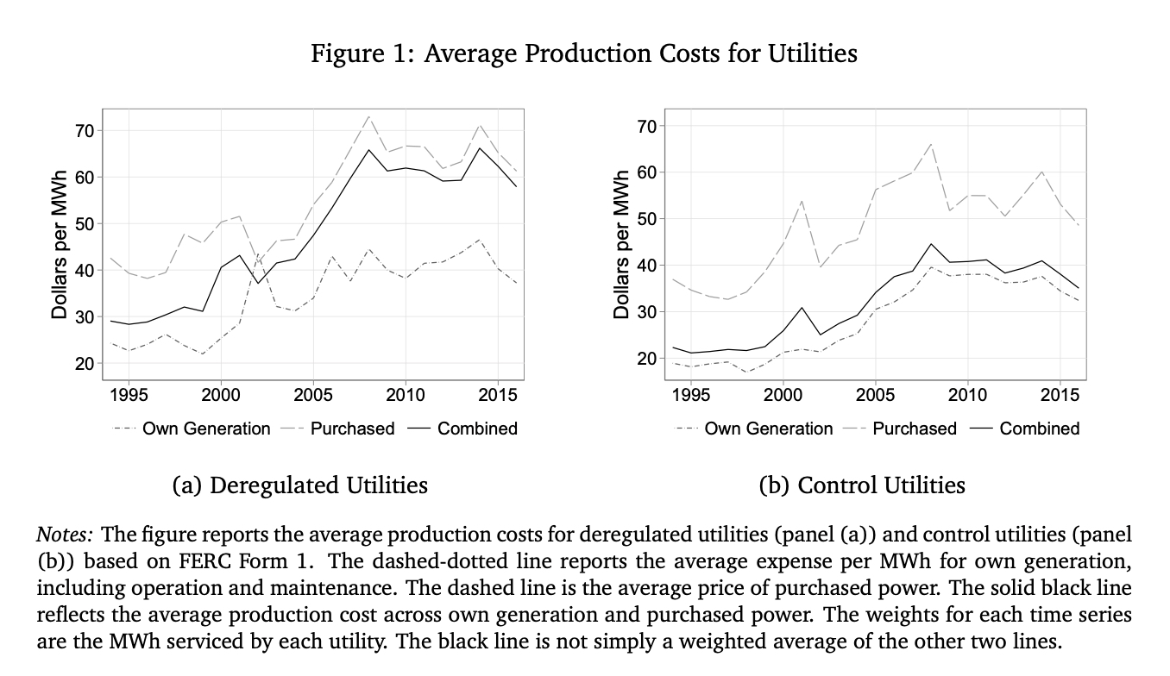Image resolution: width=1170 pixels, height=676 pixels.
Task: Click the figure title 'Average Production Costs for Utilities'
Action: (x=584, y=53)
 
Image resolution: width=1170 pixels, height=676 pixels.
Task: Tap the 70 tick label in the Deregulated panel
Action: (x=84, y=131)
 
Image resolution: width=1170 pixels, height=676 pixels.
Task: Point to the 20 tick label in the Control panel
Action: (x=646, y=358)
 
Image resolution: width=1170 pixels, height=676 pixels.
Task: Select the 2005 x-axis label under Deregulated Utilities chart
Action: (x=313, y=395)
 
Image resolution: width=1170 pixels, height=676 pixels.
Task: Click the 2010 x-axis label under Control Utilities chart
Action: (x=967, y=395)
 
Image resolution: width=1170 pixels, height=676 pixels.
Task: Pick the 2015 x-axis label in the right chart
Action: (x=1060, y=395)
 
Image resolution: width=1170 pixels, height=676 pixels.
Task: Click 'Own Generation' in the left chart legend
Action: (x=205, y=429)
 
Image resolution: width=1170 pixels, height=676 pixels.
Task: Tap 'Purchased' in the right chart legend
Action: (x=915, y=429)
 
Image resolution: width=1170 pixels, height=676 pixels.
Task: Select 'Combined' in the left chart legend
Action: (x=477, y=429)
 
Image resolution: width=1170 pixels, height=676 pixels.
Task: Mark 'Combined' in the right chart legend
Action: (x=1039, y=429)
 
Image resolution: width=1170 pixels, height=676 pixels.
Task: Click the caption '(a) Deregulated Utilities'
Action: (x=300, y=485)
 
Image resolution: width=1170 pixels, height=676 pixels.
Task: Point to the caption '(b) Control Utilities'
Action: (x=862, y=485)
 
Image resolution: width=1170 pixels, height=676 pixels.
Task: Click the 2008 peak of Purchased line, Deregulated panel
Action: (x=368, y=116)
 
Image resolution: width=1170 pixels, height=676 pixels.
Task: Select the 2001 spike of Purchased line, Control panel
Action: (x=802, y=201)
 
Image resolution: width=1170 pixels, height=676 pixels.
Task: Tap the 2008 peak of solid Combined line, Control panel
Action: (x=931, y=244)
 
